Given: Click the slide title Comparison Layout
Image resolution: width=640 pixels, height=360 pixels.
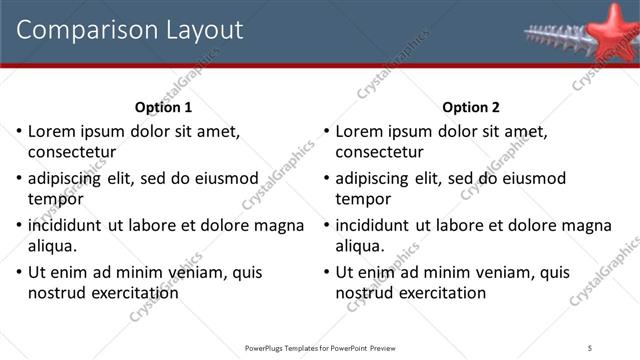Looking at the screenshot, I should pos(130,30).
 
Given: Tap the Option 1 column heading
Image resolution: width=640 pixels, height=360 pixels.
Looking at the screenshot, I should pos(163,108).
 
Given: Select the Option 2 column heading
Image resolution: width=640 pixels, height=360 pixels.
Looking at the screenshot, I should pos(470,108).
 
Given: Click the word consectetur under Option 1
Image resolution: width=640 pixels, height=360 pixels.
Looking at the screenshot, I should pos(72,153).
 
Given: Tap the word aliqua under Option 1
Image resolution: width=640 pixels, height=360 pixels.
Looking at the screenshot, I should pos(52,245).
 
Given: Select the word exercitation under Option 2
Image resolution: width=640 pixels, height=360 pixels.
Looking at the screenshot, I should pos(441,292).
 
